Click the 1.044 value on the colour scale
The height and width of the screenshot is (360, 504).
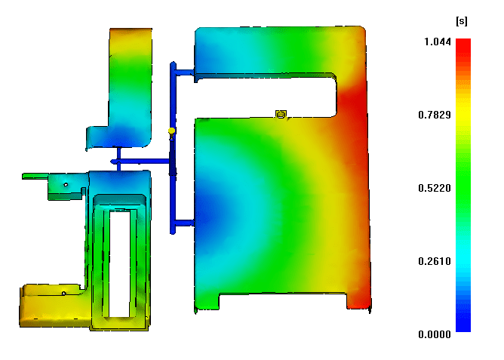pos(438,42)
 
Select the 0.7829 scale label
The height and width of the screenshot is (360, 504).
pos(435,115)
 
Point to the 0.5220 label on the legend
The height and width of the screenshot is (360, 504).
pos(435,188)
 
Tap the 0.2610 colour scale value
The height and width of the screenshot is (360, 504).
pos(435,261)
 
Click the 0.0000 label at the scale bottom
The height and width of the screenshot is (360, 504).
pos(435,334)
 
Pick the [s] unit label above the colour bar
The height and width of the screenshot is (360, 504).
pos(462,21)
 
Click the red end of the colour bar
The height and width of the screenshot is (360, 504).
pos(463,43)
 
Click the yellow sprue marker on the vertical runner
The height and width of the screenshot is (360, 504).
pos(171,132)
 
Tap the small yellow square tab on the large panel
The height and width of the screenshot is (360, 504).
pos(281,114)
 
